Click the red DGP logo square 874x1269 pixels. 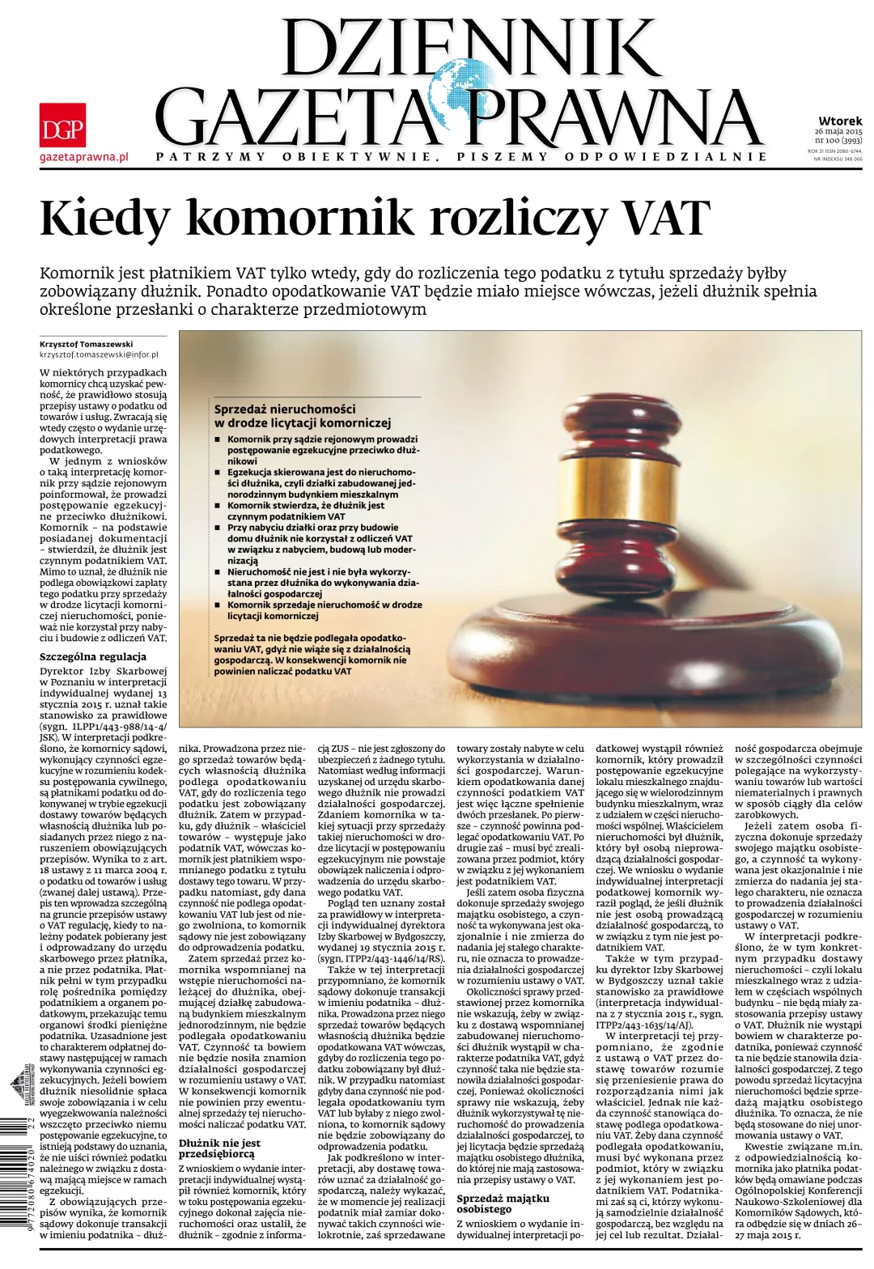(62, 125)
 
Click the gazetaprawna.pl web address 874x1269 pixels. (84, 156)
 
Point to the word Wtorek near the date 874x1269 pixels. (839, 121)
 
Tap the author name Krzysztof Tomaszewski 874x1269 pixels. (86, 344)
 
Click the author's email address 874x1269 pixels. (99, 354)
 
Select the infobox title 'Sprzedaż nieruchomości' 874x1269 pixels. (285, 409)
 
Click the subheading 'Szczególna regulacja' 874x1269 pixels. (93, 656)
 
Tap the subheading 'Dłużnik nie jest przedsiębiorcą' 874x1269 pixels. (219, 1148)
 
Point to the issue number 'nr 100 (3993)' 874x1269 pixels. (838, 140)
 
